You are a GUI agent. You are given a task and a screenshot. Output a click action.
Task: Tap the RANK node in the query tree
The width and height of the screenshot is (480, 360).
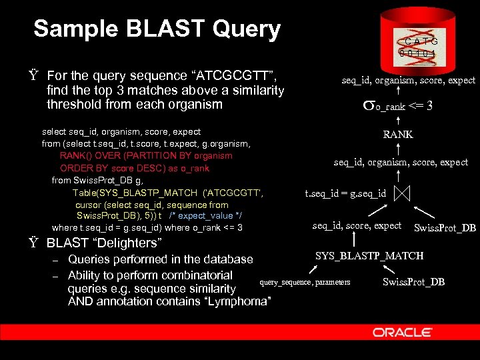[x=397, y=134]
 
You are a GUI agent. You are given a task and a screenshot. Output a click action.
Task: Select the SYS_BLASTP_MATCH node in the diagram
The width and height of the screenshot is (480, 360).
[x=369, y=256]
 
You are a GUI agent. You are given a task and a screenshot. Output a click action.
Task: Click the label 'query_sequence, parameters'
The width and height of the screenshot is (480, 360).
[x=305, y=283]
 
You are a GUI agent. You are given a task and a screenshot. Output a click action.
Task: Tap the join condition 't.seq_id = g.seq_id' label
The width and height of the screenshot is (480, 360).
[x=345, y=193]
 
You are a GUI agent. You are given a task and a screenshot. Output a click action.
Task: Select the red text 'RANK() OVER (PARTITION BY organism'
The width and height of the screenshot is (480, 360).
[x=145, y=156]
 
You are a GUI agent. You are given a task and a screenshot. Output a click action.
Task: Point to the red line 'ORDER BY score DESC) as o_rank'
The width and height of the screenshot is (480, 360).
[x=134, y=168]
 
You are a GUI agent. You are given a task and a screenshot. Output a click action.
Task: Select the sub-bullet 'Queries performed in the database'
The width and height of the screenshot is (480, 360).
[x=160, y=259]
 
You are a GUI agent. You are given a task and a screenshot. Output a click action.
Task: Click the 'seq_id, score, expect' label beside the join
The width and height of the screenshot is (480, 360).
[x=357, y=226]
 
